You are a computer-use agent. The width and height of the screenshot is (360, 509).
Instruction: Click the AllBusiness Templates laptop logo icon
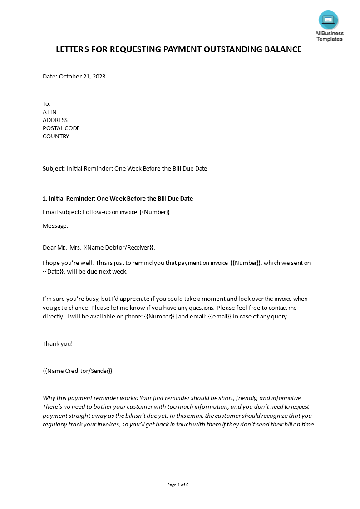(328, 20)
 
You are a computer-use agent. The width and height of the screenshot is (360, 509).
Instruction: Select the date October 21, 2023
(82, 77)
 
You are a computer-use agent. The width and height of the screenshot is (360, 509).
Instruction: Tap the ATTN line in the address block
(49, 112)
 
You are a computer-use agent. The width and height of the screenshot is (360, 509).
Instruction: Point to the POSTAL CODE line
(61, 128)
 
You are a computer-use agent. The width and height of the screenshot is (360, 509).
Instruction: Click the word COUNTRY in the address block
(56, 137)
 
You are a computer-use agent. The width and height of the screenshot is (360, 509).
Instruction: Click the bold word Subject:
(54, 169)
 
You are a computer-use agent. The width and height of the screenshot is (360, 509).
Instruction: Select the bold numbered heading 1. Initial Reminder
(118, 199)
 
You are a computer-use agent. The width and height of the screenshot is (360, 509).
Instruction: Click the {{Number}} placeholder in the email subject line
(154, 212)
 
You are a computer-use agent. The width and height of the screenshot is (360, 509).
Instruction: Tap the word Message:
(55, 225)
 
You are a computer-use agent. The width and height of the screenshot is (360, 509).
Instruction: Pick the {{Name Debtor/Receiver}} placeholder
(119, 248)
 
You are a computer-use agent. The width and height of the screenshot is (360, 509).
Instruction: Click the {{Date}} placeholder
(54, 272)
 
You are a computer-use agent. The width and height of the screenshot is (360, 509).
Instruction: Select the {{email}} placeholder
(220, 317)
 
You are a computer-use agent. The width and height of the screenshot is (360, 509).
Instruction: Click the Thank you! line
(58, 344)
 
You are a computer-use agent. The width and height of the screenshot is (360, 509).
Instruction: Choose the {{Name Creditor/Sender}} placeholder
(77, 371)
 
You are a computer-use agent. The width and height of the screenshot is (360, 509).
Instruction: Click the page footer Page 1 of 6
(178, 485)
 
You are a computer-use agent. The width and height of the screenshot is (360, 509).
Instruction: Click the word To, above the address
(47, 104)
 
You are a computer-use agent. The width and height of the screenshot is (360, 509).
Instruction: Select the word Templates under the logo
(330, 39)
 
